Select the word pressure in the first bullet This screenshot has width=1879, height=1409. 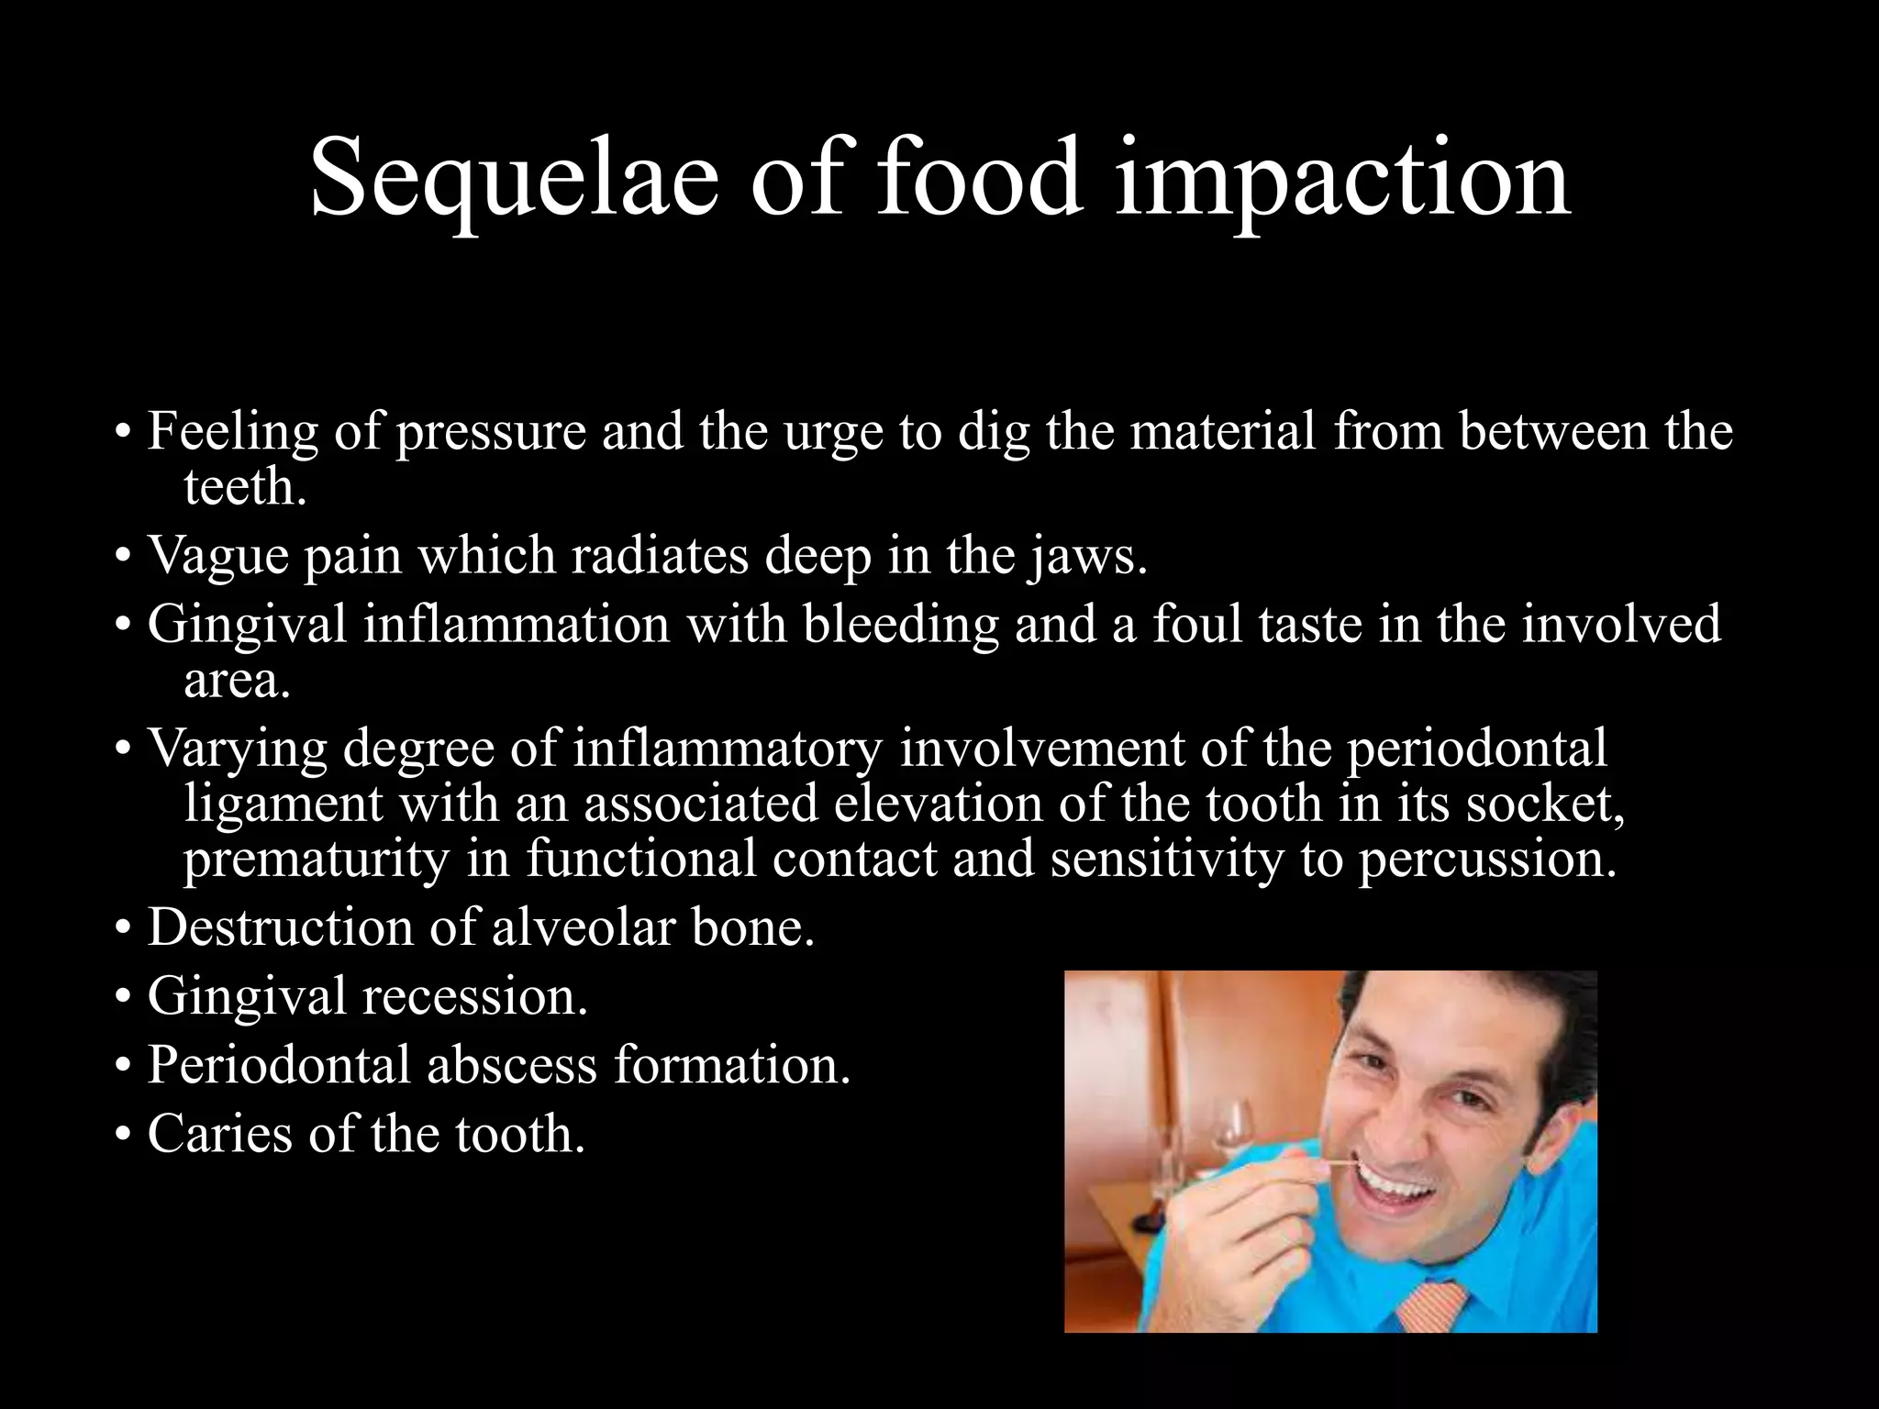click(x=491, y=431)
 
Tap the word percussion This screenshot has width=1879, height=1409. click(x=1485, y=860)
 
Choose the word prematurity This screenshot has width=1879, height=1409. click(x=316, y=860)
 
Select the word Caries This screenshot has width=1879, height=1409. click(x=219, y=1134)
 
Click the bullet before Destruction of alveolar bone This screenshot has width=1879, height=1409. click(x=123, y=929)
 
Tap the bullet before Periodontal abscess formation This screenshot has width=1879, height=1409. click(x=123, y=1067)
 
